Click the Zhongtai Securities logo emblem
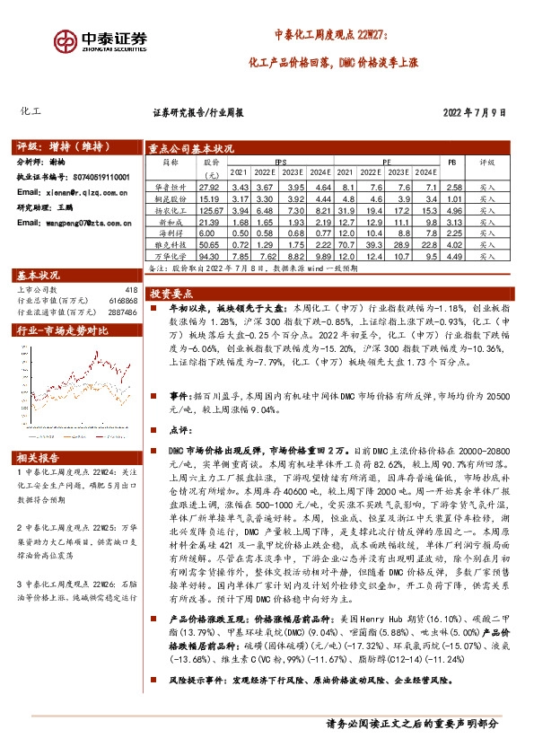click(x=66, y=41)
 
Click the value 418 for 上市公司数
click(x=131, y=289)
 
